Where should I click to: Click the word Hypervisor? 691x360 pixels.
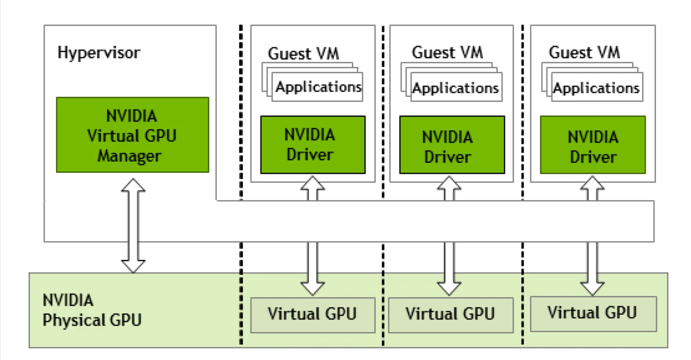[x=99, y=53]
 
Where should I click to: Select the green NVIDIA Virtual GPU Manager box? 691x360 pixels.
[x=132, y=135]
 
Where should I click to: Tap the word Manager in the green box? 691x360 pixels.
[x=129, y=156]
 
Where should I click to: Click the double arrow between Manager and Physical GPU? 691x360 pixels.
[x=133, y=224]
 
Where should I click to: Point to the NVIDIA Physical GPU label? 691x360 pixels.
[x=92, y=310]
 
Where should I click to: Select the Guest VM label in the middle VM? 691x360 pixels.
[x=447, y=52]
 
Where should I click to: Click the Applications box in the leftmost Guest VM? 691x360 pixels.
[x=318, y=87]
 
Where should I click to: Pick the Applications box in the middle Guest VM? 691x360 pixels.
[x=455, y=89]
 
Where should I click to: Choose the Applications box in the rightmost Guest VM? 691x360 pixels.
[x=596, y=89]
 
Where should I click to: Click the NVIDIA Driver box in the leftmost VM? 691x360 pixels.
[x=312, y=144]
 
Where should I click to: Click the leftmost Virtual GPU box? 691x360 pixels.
[x=312, y=315]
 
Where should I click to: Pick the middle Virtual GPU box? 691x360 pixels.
[x=450, y=315]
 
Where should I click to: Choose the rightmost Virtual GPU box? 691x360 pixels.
[x=593, y=314]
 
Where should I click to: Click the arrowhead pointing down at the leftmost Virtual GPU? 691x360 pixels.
[x=312, y=287]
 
